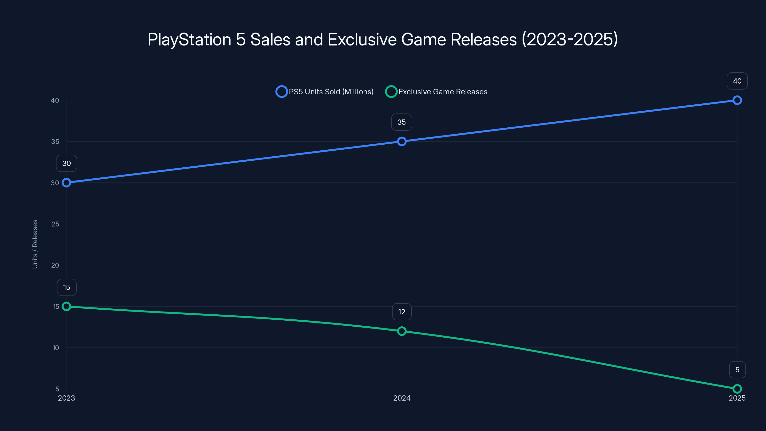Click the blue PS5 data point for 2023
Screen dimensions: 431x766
[66, 183]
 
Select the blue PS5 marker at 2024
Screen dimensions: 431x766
[402, 141]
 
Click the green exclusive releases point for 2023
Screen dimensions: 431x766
[66, 306]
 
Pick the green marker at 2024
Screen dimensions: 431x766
[402, 331]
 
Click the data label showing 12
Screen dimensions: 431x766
[402, 312]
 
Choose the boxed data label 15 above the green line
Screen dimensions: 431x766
[67, 287]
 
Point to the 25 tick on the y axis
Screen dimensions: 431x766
[55, 224]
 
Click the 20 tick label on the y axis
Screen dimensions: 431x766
[55, 265]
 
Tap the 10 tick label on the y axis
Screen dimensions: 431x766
[56, 348]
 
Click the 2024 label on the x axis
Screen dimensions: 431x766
[402, 398]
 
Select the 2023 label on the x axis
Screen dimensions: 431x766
[66, 398]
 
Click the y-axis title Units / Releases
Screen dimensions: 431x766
[35, 244]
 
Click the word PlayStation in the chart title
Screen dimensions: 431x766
[189, 40]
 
